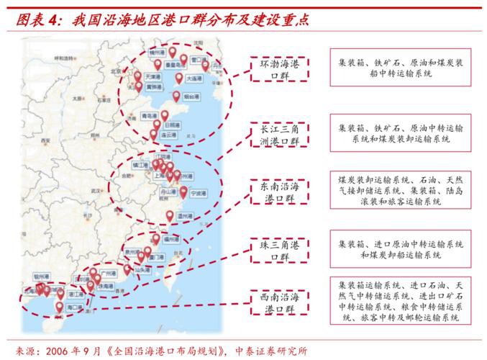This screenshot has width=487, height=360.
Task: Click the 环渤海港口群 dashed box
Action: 279,70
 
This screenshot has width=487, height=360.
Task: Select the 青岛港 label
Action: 150,115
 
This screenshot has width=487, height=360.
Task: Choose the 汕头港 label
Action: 142,271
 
